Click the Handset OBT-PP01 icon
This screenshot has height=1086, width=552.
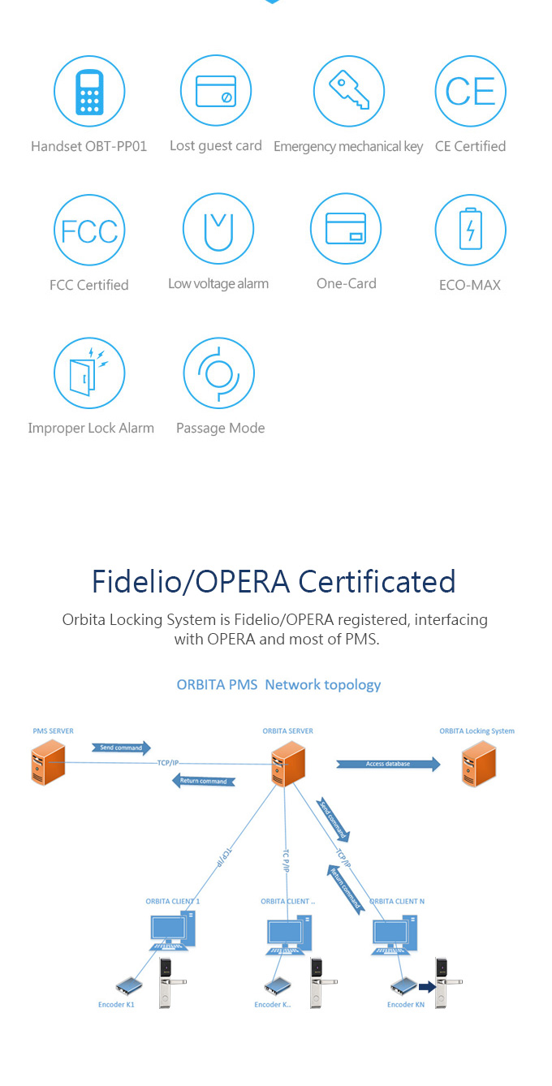(89, 92)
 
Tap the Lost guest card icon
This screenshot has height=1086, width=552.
(216, 92)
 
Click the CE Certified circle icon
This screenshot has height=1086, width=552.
(471, 92)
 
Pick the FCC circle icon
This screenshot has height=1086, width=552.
(89, 231)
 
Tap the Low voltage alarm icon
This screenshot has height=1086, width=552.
(218, 229)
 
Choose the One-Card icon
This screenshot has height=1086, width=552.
(346, 229)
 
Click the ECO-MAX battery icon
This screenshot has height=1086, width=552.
(471, 231)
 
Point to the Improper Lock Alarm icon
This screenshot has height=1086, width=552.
(89, 373)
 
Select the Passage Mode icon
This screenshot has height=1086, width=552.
(219, 373)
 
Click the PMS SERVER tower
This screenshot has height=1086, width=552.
(49, 765)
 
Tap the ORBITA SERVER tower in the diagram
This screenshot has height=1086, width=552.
(288, 765)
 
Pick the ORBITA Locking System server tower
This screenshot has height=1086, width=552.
(479, 765)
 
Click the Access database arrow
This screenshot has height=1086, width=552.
(389, 764)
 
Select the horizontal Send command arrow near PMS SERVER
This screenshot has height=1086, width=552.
(122, 747)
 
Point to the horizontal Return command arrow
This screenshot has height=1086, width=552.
(203, 781)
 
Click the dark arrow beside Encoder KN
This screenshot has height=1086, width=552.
(427, 987)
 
